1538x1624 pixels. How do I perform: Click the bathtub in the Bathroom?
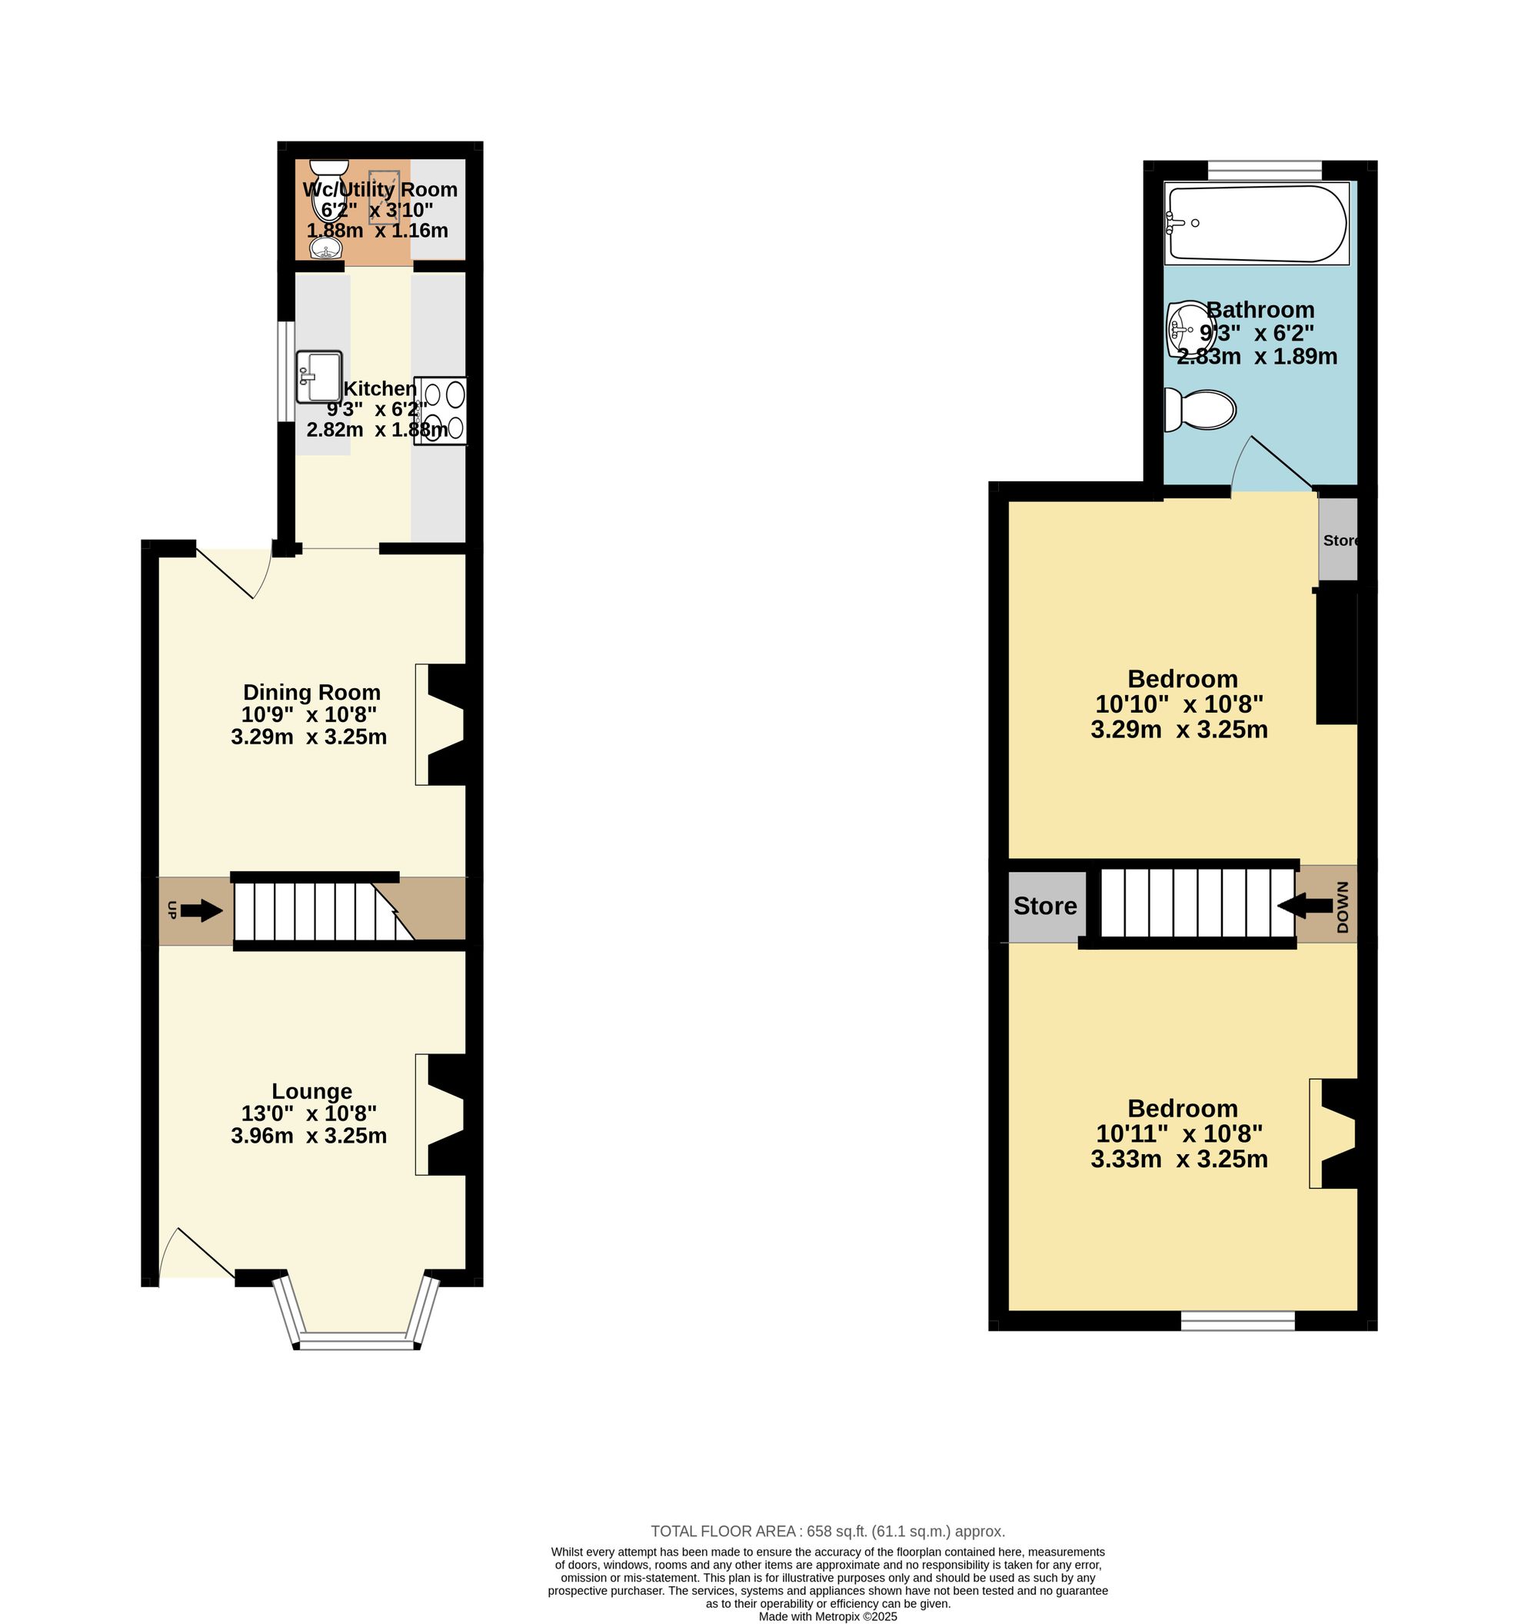[x=1256, y=224]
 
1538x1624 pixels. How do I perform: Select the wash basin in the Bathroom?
[x=1187, y=330]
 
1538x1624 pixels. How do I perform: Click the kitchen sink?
[x=319, y=376]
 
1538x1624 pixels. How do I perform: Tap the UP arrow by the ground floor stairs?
[x=201, y=910]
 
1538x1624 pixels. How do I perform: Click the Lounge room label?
[x=311, y=1091]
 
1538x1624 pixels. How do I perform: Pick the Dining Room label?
[x=311, y=693]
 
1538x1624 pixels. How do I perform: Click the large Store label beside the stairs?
[x=1045, y=906]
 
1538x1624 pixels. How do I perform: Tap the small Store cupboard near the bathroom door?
[x=1338, y=541]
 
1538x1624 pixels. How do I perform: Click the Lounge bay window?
[x=357, y=1311]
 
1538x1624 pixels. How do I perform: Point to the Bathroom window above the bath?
[x=1265, y=170]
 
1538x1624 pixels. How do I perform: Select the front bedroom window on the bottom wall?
[x=1238, y=1321]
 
